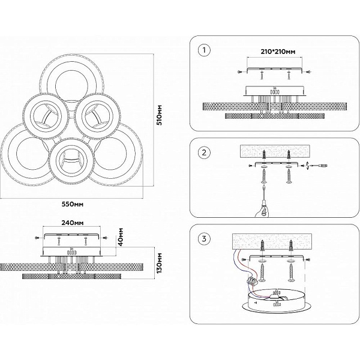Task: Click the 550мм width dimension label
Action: [x=73, y=204]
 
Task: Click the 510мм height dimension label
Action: [x=159, y=115]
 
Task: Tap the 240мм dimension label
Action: [x=73, y=223]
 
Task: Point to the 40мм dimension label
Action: [x=121, y=237]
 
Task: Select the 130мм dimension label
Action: [x=159, y=263]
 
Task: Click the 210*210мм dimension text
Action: [x=278, y=52]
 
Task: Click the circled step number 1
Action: [x=204, y=50]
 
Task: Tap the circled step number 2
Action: [x=204, y=152]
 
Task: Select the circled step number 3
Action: [x=204, y=239]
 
